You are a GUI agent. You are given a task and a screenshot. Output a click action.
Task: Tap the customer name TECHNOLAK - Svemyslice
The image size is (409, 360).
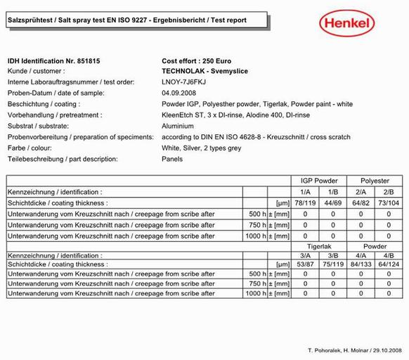[204, 71]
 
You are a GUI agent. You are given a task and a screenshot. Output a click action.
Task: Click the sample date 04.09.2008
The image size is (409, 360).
[178, 93]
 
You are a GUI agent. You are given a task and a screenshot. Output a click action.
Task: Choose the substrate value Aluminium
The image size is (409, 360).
[179, 126]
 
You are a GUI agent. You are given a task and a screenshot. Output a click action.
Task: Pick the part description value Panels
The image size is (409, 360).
[172, 159]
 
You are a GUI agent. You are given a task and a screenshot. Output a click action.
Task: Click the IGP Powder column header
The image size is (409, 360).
[319, 181]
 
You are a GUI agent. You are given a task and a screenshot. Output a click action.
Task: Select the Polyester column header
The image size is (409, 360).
[373, 181]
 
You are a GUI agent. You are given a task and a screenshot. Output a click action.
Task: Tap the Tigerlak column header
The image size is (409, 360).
[320, 246]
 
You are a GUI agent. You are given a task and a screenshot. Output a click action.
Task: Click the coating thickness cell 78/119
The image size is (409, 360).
[305, 202]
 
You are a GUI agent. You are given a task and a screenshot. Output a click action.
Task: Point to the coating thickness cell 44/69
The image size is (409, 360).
[334, 202]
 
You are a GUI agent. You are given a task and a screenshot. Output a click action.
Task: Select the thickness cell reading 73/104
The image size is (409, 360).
[388, 202]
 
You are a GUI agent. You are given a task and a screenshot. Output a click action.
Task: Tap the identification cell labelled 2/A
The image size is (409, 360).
[361, 191]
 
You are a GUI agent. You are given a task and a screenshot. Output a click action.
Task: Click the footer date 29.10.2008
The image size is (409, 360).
[384, 350]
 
